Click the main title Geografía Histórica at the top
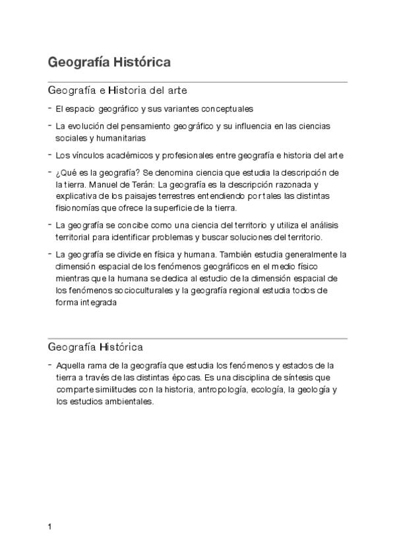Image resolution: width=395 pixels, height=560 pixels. pyautogui.click(x=109, y=62)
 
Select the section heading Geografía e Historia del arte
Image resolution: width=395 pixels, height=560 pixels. pyautogui.click(x=119, y=90)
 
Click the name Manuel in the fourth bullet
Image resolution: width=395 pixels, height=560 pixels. pyautogui.click(x=104, y=185)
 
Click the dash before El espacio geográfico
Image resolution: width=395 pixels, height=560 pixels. pyautogui.click(x=50, y=108)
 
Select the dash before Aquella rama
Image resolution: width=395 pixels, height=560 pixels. pyautogui.click(x=50, y=365)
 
